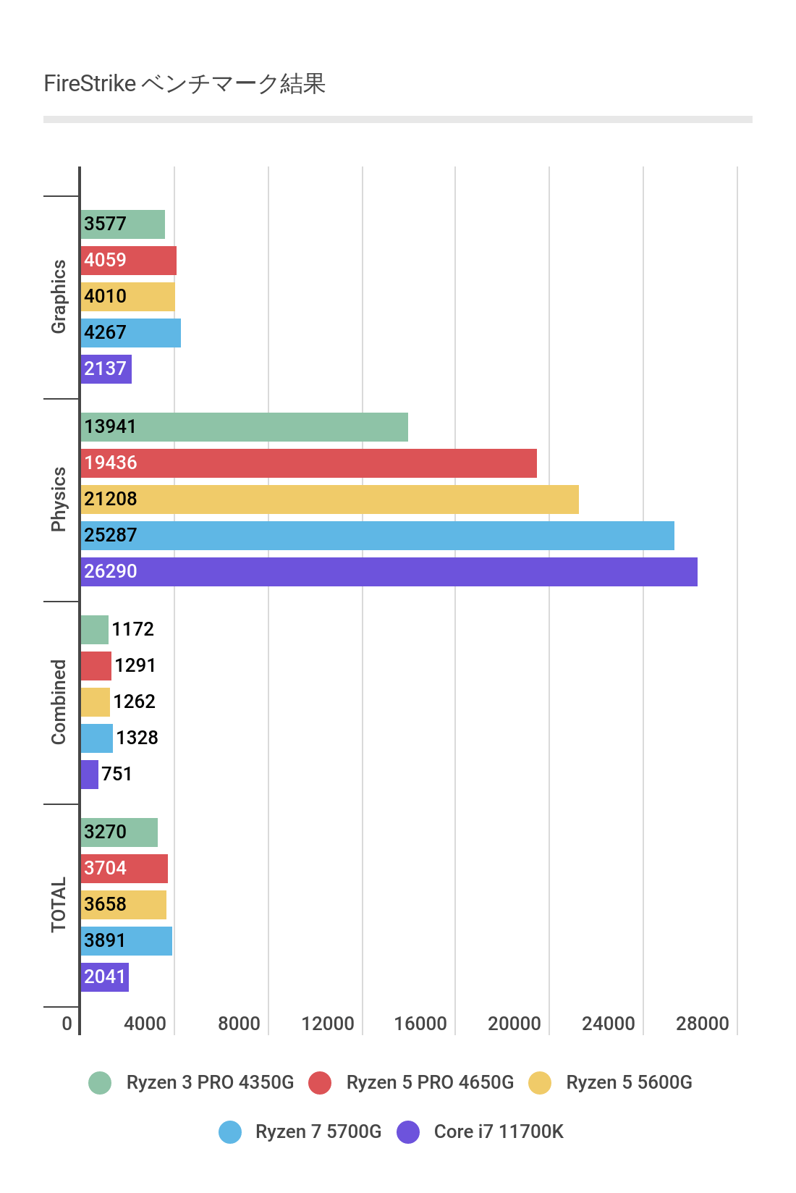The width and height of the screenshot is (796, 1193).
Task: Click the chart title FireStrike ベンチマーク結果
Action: [x=185, y=84]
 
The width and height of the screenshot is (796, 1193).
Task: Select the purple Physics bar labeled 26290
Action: [x=389, y=572]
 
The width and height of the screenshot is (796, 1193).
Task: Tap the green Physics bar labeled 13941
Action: [x=244, y=427]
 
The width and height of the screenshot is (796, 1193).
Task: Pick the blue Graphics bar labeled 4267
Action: [x=130, y=333]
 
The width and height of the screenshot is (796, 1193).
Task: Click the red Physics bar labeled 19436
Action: [x=308, y=463]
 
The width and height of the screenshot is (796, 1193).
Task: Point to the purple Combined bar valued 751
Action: [x=89, y=775]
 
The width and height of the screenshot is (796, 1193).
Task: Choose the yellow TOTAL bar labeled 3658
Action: [x=123, y=905]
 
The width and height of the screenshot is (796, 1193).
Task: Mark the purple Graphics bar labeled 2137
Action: [x=106, y=369]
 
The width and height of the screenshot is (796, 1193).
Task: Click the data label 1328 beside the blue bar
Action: [x=137, y=738]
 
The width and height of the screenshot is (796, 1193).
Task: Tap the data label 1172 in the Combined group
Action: [x=132, y=629]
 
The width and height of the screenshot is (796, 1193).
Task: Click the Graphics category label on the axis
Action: [x=59, y=297]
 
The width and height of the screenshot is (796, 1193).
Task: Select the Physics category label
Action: [x=59, y=499]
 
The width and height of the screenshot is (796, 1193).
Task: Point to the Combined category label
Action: [x=59, y=702]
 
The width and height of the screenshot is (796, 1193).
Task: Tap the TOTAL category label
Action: [x=59, y=905]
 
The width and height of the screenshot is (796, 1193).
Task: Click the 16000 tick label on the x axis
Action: [x=420, y=1024]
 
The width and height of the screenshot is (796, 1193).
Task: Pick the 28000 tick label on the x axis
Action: [x=702, y=1024]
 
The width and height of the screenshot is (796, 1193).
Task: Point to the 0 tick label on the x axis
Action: [x=67, y=1024]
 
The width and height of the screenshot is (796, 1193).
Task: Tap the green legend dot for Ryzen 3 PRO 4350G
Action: [x=100, y=1083]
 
